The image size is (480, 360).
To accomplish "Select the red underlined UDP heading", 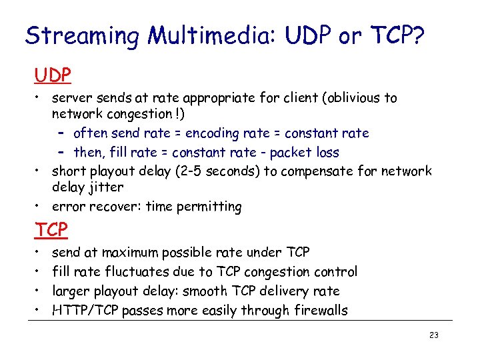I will tap(53, 75).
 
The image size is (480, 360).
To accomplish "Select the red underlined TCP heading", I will tap(51, 230).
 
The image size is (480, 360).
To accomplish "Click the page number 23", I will tap(434, 335).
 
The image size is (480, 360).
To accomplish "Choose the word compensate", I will tap(316, 171).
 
